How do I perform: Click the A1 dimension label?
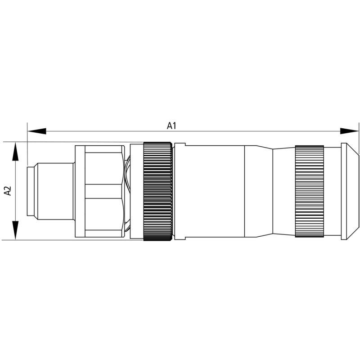tap(171, 126)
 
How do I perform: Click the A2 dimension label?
tap(7, 191)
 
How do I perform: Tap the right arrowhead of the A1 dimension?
tap(349, 131)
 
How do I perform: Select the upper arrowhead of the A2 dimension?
tap(15, 152)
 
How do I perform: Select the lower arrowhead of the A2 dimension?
tap(15, 230)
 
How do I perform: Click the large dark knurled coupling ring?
tap(157, 191)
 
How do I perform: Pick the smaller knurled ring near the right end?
tap(309, 191)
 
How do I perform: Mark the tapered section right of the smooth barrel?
tap(259, 191)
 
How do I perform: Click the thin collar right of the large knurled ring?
tap(179, 191)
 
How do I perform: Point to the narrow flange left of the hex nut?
tap(80, 191)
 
